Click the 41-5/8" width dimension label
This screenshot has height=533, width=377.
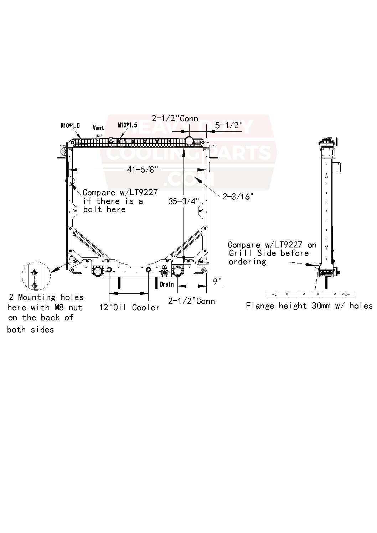tap(142, 170)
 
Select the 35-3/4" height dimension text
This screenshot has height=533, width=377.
tap(184, 201)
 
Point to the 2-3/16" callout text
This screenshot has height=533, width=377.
tap(238, 196)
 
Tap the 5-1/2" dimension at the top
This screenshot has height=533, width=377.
tap(229, 125)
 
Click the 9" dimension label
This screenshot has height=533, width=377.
tap(217, 281)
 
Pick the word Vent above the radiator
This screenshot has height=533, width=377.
tap(98, 127)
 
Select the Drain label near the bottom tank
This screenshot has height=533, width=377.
tap(167, 284)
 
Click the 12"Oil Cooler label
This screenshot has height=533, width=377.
tap(129, 308)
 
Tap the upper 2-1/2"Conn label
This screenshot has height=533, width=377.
tap(175, 118)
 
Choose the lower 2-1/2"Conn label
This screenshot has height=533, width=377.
tap(192, 301)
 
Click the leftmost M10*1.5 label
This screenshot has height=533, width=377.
tap(70, 125)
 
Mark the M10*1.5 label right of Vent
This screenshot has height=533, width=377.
tap(128, 125)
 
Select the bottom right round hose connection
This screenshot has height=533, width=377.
tap(177, 272)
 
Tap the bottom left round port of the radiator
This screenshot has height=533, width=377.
tap(97, 272)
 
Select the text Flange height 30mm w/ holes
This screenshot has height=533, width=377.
tap(309, 306)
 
